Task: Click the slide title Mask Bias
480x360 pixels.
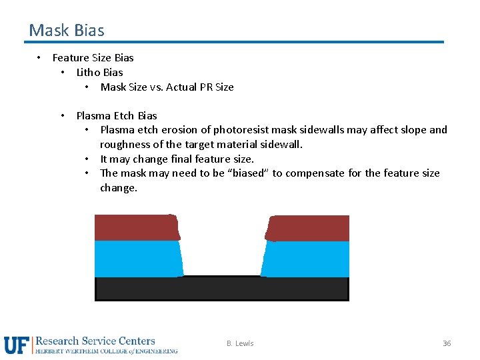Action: click(x=67, y=31)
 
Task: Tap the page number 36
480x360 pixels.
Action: click(x=447, y=343)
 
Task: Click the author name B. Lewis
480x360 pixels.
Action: click(x=240, y=343)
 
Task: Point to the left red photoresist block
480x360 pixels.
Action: click(x=137, y=227)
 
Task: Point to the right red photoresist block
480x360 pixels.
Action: click(x=307, y=228)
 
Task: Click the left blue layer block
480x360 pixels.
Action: click(x=138, y=259)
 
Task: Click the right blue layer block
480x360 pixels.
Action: click(x=306, y=259)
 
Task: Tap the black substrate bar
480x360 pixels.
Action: click(x=221, y=289)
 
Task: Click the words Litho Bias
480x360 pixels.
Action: click(x=99, y=72)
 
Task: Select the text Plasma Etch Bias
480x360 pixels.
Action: click(x=117, y=115)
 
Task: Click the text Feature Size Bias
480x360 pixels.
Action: click(x=93, y=57)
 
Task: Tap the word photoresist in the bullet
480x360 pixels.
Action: click(x=241, y=130)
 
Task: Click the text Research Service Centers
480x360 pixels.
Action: click(x=95, y=341)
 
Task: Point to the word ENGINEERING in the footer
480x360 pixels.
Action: click(x=155, y=351)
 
